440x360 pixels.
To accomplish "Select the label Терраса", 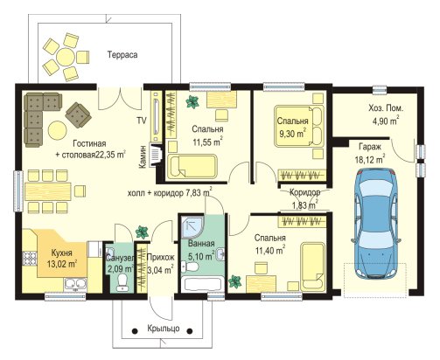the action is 122,55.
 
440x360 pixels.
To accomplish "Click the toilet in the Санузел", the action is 122,283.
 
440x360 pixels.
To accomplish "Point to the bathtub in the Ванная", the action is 202,285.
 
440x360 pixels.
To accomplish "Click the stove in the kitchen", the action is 29,259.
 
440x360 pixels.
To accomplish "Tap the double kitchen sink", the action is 75,284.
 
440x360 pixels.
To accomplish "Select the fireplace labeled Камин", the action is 155,155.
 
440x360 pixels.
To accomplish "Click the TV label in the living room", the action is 142,121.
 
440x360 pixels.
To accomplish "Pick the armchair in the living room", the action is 78,114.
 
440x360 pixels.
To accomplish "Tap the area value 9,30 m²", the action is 293,134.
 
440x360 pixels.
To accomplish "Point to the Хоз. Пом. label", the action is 386,108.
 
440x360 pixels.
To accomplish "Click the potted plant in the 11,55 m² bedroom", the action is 192,102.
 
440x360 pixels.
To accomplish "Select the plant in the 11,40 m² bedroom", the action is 235,282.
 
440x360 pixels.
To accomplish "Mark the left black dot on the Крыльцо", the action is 135,331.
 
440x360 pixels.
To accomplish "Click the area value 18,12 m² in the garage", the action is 370,159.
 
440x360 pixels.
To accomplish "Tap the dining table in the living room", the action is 48,191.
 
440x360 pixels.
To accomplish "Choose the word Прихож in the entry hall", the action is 161,257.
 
